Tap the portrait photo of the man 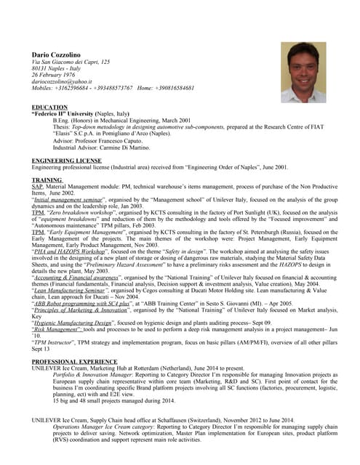click(x=304, y=71)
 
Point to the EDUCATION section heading click(x=50, y=108)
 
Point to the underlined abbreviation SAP click(x=38, y=186)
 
